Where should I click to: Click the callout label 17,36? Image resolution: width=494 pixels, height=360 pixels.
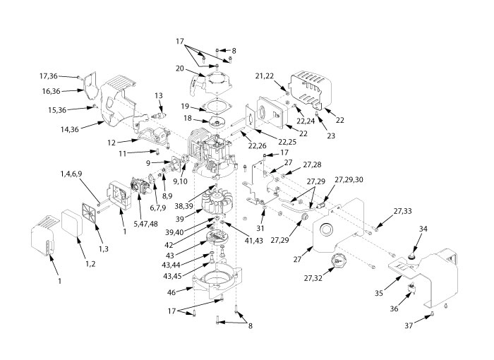click(47, 76)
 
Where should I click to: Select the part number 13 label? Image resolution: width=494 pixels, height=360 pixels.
click(158, 95)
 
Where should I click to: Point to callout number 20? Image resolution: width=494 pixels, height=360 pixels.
click(180, 68)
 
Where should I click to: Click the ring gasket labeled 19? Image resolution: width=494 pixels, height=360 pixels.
click(213, 107)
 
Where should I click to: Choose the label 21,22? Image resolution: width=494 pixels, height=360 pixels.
click(264, 76)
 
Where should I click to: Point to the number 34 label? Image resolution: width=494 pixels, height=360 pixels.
click(423, 229)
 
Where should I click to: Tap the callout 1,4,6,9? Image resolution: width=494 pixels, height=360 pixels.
click(74, 172)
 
